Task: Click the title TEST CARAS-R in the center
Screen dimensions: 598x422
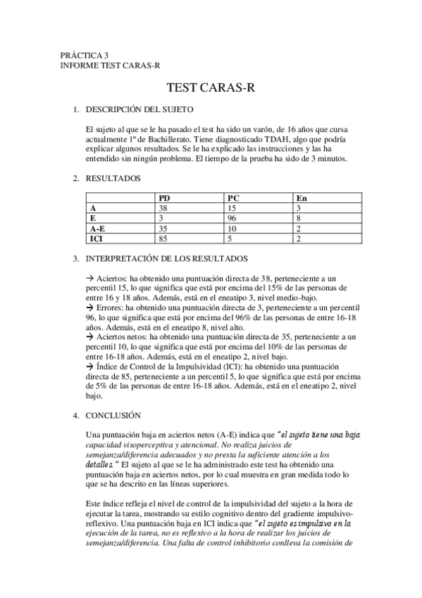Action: click(x=211, y=88)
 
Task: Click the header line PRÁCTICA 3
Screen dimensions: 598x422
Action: click(x=85, y=55)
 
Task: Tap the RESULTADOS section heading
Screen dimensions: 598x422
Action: click(x=113, y=178)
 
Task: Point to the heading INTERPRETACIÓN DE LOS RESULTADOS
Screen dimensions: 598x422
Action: click(x=166, y=259)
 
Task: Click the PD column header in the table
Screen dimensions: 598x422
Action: click(x=164, y=199)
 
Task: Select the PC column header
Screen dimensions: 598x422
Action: click(x=233, y=199)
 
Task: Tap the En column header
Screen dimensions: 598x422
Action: click(x=302, y=199)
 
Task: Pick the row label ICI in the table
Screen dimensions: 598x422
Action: click(x=96, y=240)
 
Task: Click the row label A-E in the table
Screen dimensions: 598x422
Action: click(x=98, y=229)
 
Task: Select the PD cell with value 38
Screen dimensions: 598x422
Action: click(x=163, y=209)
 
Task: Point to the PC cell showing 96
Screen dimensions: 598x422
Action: click(x=233, y=219)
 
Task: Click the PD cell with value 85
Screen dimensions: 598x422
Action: click(x=163, y=240)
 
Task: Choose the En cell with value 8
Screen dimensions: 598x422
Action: click(x=299, y=219)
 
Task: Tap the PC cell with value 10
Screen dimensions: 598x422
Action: click(x=232, y=229)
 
